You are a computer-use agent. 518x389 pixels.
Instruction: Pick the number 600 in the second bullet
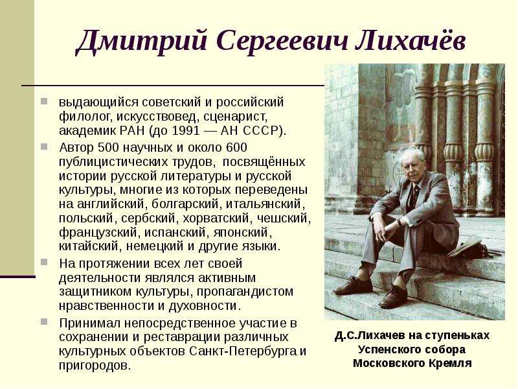tap(236, 147)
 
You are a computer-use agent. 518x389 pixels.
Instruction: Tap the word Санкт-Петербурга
tap(243, 351)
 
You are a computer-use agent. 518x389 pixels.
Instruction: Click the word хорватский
tap(218, 218)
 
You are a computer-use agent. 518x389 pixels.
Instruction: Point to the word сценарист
tap(234, 117)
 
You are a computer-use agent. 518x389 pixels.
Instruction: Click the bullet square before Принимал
tap(44, 322)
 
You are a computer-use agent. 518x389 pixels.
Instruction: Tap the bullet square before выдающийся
tap(44, 100)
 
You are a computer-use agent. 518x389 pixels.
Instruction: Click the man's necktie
tap(415, 194)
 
